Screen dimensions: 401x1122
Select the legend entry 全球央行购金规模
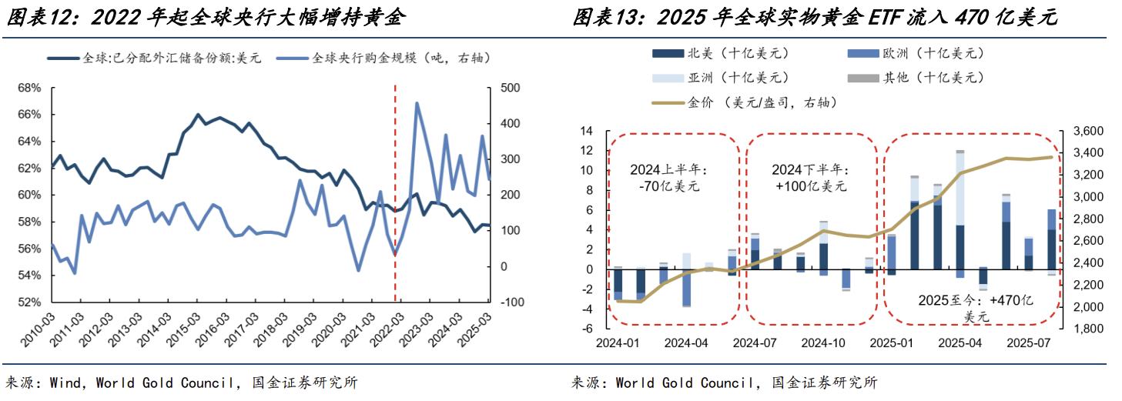coord(400,58)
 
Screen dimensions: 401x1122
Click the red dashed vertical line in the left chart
coord(395,192)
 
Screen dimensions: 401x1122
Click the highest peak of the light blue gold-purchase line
coord(417,103)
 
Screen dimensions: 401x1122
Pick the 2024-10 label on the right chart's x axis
coord(826,343)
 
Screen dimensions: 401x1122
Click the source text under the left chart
coord(182,383)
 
